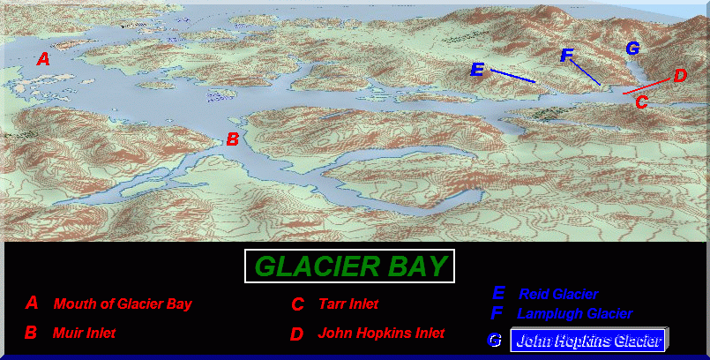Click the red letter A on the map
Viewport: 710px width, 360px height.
[x=43, y=59]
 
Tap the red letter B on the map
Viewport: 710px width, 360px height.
[x=232, y=139]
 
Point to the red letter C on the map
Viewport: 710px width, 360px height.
[x=641, y=101]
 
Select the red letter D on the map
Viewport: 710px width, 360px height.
[x=680, y=76]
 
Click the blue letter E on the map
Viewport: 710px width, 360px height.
[x=477, y=70]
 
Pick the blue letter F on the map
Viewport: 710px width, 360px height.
[x=566, y=56]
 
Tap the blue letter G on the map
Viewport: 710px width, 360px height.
[x=632, y=48]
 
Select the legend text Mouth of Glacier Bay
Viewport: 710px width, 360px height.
[x=123, y=304]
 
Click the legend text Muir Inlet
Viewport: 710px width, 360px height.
[x=84, y=334]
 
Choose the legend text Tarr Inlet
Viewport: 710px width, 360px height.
[x=348, y=304]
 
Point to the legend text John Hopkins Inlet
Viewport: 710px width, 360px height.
[x=381, y=334]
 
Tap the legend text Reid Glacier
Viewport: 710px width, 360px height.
[x=558, y=295]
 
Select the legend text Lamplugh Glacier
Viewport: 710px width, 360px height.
[x=574, y=313]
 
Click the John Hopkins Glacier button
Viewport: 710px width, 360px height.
[x=587, y=340]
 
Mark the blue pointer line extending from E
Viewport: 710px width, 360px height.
[x=513, y=76]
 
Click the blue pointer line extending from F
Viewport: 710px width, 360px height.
[x=586, y=72]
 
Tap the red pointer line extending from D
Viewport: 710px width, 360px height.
[x=646, y=86]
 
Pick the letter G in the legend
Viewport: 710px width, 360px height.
[x=494, y=340]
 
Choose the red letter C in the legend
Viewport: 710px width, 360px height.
[x=297, y=304]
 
